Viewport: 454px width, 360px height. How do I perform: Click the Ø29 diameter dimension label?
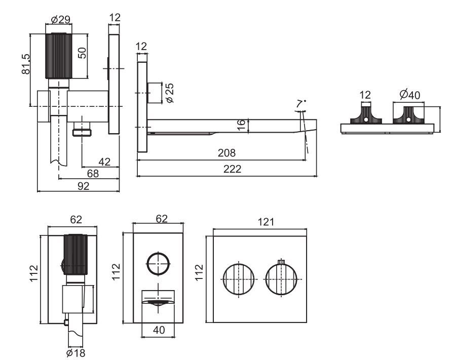click(x=60, y=20)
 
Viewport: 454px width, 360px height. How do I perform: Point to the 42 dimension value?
click(x=104, y=162)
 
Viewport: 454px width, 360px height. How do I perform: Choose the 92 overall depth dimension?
click(x=83, y=186)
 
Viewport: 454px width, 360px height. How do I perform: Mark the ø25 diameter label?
click(x=170, y=93)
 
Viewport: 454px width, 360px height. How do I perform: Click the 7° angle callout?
click(x=302, y=103)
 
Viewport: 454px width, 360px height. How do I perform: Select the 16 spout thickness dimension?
click(x=242, y=124)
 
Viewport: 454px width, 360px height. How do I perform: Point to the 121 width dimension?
click(x=266, y=222)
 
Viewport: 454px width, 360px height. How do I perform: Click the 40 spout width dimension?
click(x=159, y=329)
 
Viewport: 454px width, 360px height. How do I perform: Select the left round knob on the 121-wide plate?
click(x=238, y=279)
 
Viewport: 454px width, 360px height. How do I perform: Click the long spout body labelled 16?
click(x=228, y=125)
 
